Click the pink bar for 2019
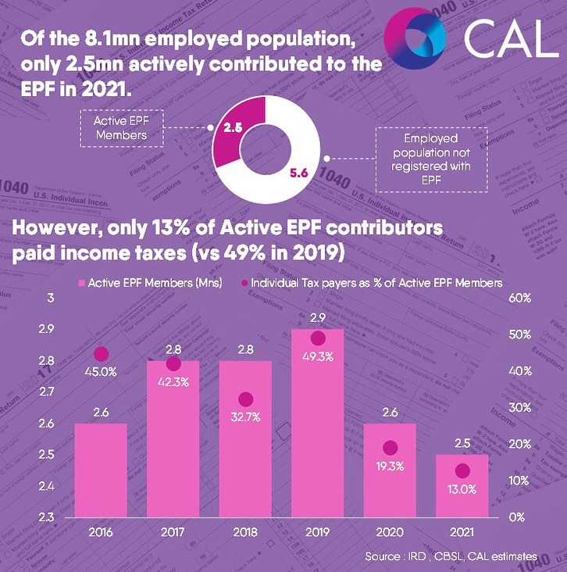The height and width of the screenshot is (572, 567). pyautogui.click(x=317, y=438)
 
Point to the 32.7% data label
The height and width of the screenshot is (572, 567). pyautogui.click(x=245, y=417)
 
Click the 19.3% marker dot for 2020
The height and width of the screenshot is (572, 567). pyautogui.click(x=390, y=448)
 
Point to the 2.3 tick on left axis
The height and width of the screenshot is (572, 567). pyautogui.click(x=46, y=517)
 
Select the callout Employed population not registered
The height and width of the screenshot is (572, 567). pyautogui.click(x=425, y=160)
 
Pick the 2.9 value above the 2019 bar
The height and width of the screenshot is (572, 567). pyautogui.click(x=317, y=319)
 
